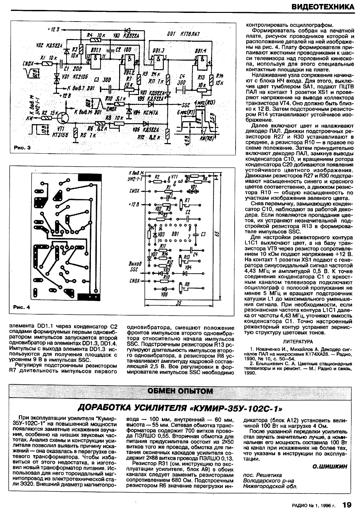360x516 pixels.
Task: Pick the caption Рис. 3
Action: pyautogui.click(x=22, y=148)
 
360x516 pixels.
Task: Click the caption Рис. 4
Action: pyautogui.click(x=22, y=307)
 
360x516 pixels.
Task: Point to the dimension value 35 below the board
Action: pyautogui.click(x=179, y=302)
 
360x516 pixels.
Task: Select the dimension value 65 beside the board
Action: pyautogui.click(x=217, y=233)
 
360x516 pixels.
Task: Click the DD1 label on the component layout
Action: pyautogui.click(x=175, y=234)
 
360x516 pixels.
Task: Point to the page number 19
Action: pyautogui.click(x=347, y=505)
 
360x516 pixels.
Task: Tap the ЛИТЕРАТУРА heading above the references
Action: pyautogui.click(x=298, y=341)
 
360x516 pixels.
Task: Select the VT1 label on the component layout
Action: pyautogui.click(x=175, y=177)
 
